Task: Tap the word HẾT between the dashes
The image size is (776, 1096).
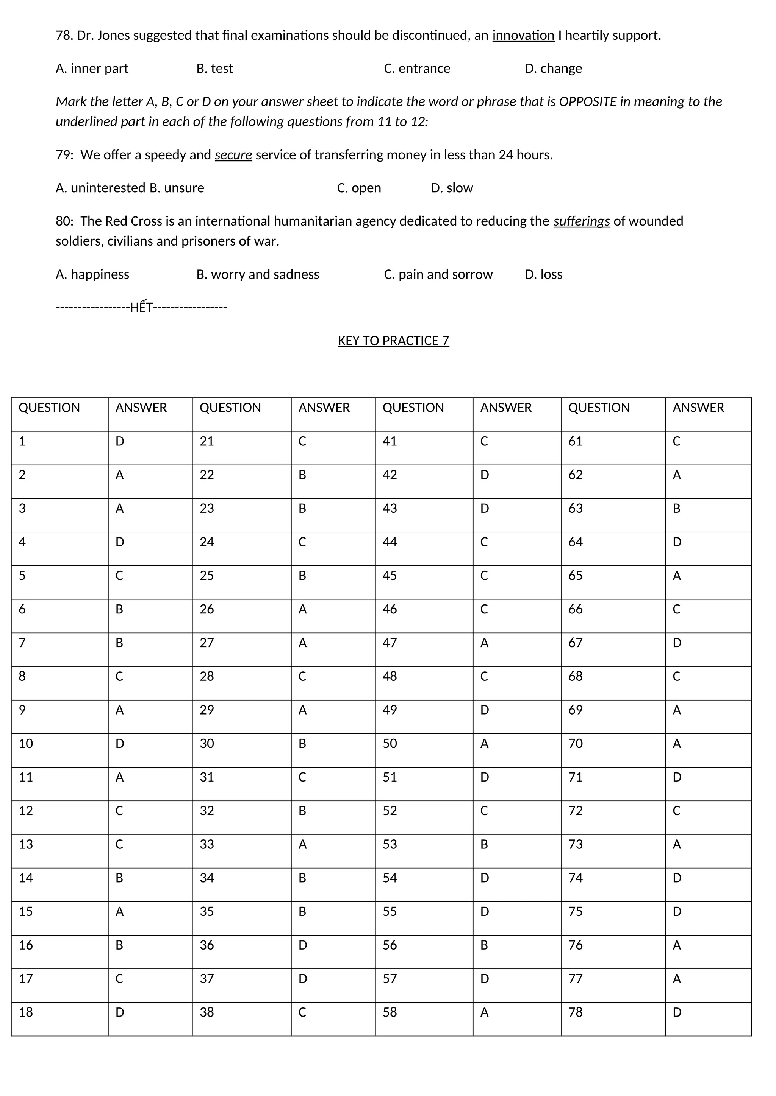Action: (141, 307)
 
